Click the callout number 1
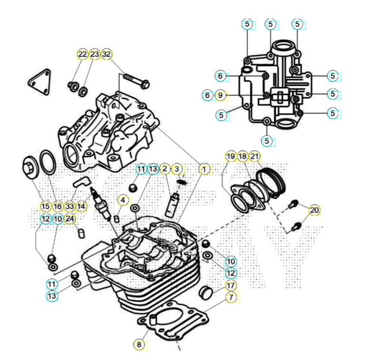pyautogui.click(x=205, y=169)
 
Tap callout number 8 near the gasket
pyautogui.click(x=139, y=344)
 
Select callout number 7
pyautogui.click(x=231, y=297)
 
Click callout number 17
pyautogui.click(x=231, y=286)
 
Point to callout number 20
pyautogui.click(x=314, y=211)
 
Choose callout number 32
pyautogui.click(x=107, y=54)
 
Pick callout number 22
pyautogui.click(x=83, y=54)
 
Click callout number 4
pyautogui.click(x=123, y=200)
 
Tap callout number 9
pyautogui.click(x=220, y=96)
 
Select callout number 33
pyautogui.click(x=69, y=207)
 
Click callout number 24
pyautogui.click(x=70, y=219)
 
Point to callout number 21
pyautogui.click(x=254, y=156)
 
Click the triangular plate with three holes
pyautogui.click(x=40, y=81)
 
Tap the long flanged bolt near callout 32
pyautogui.click(x=136, y=81)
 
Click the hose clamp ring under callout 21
pyautogui.click(x=271, y=180)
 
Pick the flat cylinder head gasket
pyautogui.click(x=173, y=320)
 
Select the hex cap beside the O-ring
pyautogui.click(x=30, y=168)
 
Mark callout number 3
pyautogui.click(x=177, y=169)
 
